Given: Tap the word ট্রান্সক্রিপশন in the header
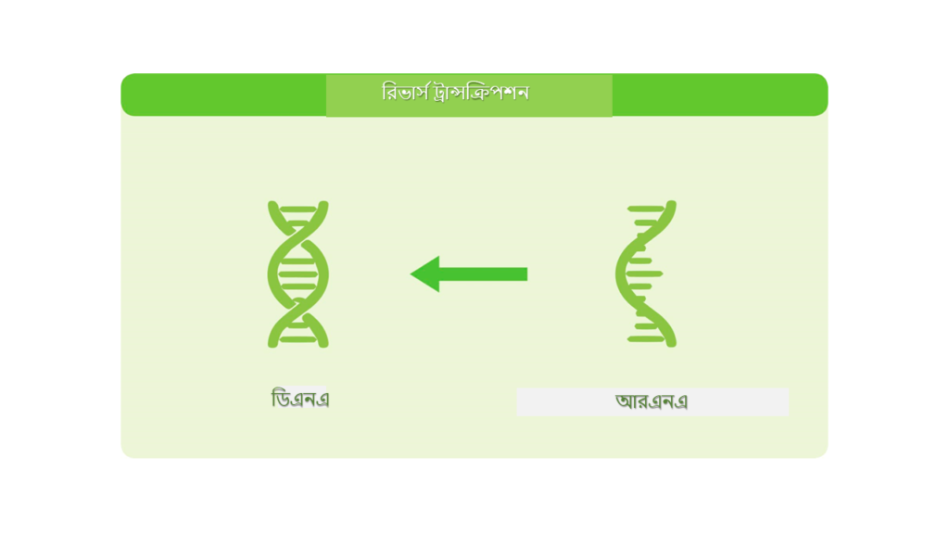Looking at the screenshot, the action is pyautogui.click(x=481, y=93).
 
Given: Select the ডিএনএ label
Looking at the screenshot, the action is pyautogui.click(x=300, y=399).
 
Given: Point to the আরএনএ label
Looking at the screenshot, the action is pyautogui.click(x=652, y=400).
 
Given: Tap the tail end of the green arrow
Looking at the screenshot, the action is pyautogui.click(x=527, y=274).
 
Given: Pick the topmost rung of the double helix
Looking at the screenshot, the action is pyautogui.click(x=298, y=210).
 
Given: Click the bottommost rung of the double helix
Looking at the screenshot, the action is pyautogui.click(x=298, y=339).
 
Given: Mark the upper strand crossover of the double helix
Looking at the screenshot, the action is pyautogui.click(x=298, y=232).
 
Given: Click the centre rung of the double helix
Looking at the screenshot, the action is pyautogui.click(x=298, y=274).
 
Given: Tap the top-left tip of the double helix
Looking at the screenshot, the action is pyautogui.click(x=272, y=204).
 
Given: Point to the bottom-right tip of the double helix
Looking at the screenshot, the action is pyautogui.click(x=323, y=344).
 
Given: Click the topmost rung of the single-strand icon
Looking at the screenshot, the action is pyautogui.click(x=646, y=209).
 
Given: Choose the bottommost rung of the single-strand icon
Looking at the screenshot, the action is pyautogui.click(x=646, y=339).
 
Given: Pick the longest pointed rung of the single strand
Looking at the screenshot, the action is pyautogui.click(x=644, y=274).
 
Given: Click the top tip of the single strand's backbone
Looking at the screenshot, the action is pyautogui.click(x=671, y=203).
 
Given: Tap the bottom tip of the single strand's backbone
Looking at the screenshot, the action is pyautogui.click(x=671, y=344).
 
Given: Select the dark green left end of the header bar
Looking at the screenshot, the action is pyautogui.click(x=223, y=95).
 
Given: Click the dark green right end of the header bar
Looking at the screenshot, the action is pyautogui.click(x=720, y=95).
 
